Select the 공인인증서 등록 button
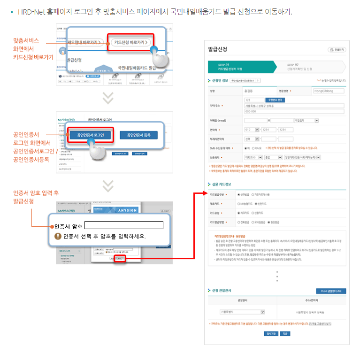pyautogui.click(x=138, y=135)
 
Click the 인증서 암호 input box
pyautogui.click(x=123, y=225)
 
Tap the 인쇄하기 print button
pyautogui.click(x=337, y=50)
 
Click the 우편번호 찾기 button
pyautogui.click(x=276, y=100)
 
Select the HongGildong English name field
pyautogui.click(x=328, y=91)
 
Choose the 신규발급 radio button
pyautogui.click(x=239, y=194)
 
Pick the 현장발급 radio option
pyautogui.click(x=269, y=222)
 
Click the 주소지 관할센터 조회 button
pyautogui.click(x=331, y=291)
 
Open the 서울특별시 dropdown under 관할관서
pyautogui.click(x=242, y=311)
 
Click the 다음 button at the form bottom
pyautogui.click(x=285, y=334)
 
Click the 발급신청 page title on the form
pyautogui.click(x=218, y=49)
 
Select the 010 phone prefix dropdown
pyautogui.click(x=252, y=130)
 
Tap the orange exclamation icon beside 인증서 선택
pyautogui.click(x=58, y=236)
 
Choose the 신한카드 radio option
pyautogui.click(x=255, y=204)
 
